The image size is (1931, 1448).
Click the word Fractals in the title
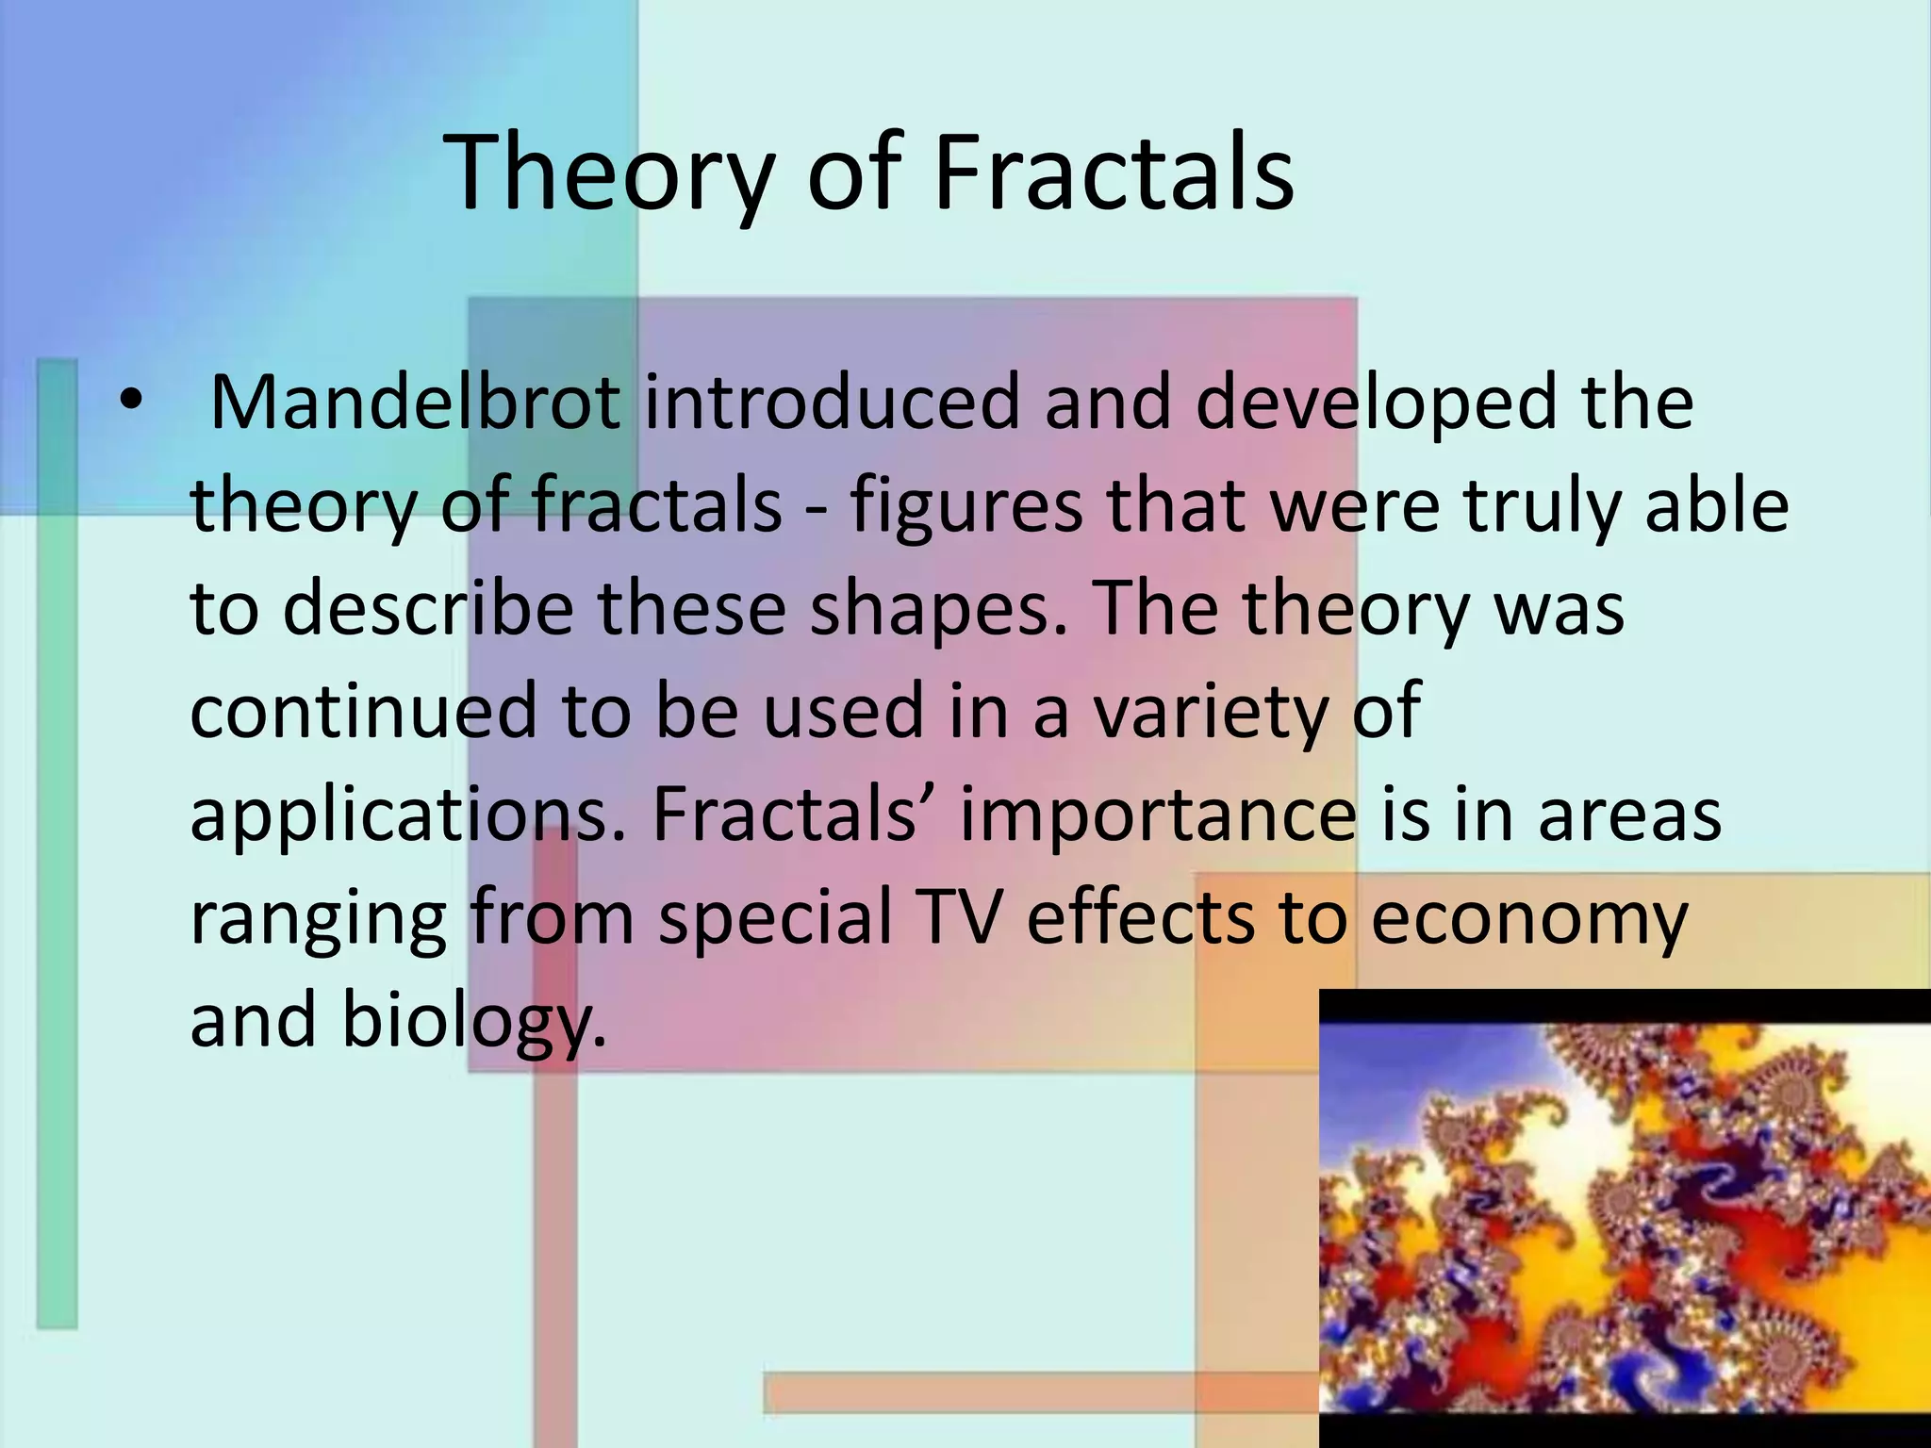(x=1113, y=173)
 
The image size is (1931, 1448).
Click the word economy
(x=1527, y=919)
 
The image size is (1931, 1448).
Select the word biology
(x=471, y=1022)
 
